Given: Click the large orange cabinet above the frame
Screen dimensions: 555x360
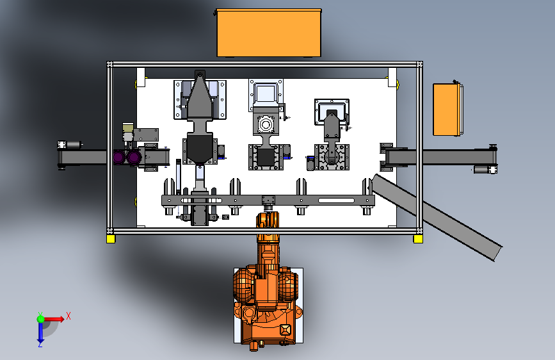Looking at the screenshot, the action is click(x=269, y=33).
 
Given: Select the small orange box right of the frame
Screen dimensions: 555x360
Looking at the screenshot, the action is click(x=447, y=109).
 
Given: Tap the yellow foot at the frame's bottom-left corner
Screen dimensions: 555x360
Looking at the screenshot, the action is click(x=111, y=239).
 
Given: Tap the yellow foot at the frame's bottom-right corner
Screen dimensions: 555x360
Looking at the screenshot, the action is click(x=418, y=239).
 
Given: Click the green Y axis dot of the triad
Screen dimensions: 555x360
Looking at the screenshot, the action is click(x=41, y=319).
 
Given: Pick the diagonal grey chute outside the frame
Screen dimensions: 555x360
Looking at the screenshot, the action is click(x=437, y=217).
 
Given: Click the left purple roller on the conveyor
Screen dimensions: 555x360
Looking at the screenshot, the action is click(x=119, y=158).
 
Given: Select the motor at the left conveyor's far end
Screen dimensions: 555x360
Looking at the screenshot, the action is click(x=70, y=145).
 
